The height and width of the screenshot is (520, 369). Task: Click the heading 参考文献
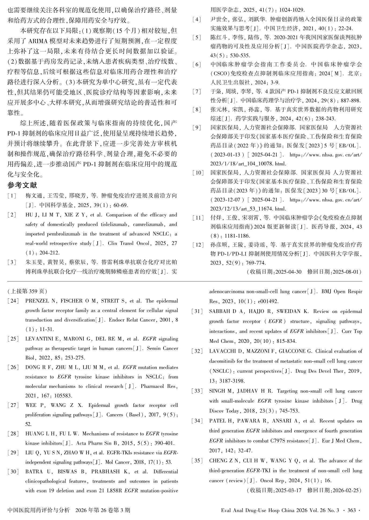click(22, 185)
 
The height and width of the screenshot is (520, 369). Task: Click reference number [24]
click(13, 301)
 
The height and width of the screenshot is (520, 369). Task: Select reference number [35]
click(197, 460)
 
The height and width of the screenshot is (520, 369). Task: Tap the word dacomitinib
click(222, 361)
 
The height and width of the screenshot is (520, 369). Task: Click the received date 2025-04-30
click(289, 272)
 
